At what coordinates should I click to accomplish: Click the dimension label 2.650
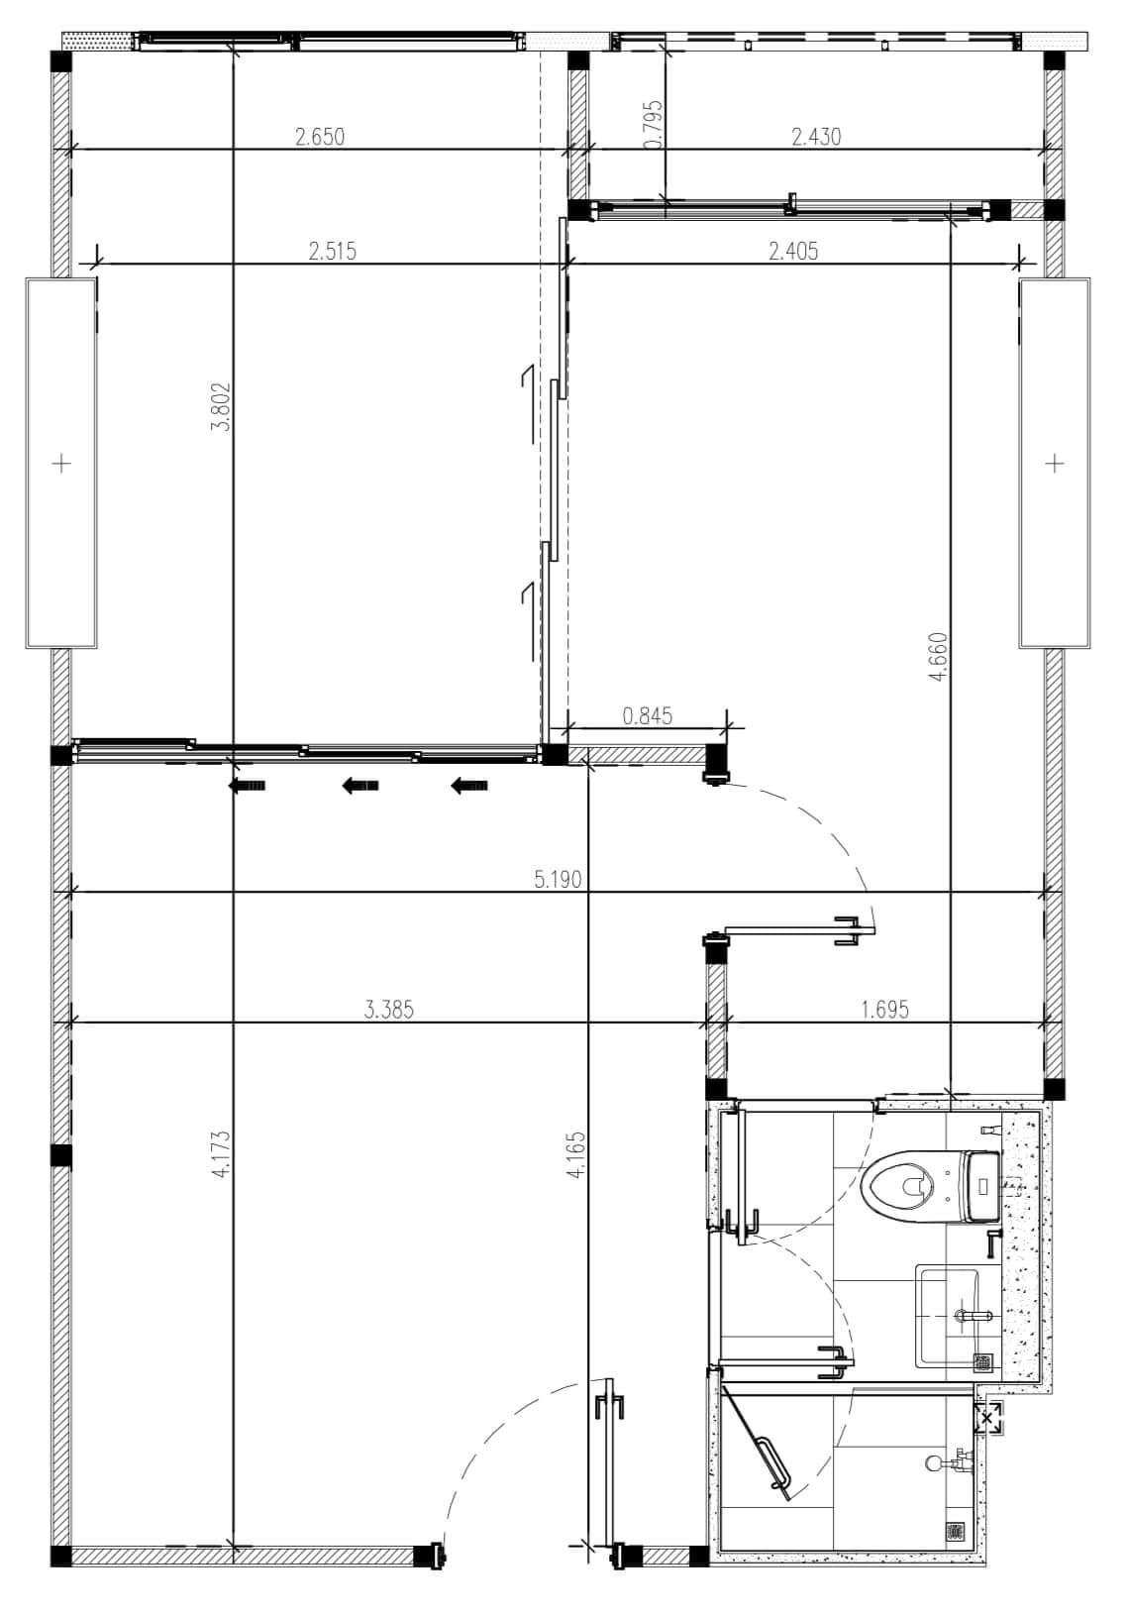point(320,136)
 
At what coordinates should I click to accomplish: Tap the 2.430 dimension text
point(816,136)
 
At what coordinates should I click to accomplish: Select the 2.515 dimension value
point(333,251)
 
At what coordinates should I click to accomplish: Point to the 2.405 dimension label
point(793,251)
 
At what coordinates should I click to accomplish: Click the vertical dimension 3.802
point(221,406)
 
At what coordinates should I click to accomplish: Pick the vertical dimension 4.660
point(938,657)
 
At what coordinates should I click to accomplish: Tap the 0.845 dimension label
point(647,716)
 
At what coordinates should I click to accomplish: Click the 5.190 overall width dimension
point(558,880)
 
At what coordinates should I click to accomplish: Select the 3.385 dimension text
point(389,1010)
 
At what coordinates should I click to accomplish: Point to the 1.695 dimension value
point(885,1009)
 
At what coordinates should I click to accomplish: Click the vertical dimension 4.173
point(221,1155)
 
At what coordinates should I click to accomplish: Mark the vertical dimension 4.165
point(575,1155)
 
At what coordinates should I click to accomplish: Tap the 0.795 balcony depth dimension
point(653,124)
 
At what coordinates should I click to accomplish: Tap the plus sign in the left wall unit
point(62,462)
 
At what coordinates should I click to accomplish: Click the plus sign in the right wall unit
point(1055,462)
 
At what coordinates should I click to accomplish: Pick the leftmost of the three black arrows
point(247,786)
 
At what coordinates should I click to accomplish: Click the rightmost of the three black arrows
point(469,786)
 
